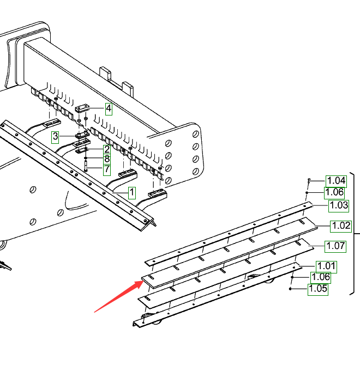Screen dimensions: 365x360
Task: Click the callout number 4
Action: pos(109,108)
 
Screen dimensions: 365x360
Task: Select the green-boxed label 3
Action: pos(55,136)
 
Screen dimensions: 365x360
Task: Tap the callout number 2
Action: pos(107,149)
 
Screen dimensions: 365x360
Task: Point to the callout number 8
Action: pos(107,159)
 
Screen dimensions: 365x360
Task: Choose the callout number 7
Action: pos(107,169)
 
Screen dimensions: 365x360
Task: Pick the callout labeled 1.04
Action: pos(336,181)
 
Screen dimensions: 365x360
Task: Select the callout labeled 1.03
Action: pos(338,205)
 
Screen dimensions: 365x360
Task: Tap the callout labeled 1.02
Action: pos(341,226)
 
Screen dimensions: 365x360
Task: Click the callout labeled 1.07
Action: pos(335,246)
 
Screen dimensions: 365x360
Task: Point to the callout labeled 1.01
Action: pos(326,266)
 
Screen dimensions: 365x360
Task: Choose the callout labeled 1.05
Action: pos(318,289)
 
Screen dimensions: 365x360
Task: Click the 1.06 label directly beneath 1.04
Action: pos(334,192)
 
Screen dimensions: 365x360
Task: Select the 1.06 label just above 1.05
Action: pos(321,277)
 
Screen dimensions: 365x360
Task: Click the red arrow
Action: pos(118,295)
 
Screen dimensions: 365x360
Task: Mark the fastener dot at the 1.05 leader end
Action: pos(291,289)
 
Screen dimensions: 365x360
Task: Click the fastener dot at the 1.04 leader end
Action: pos(309,180)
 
